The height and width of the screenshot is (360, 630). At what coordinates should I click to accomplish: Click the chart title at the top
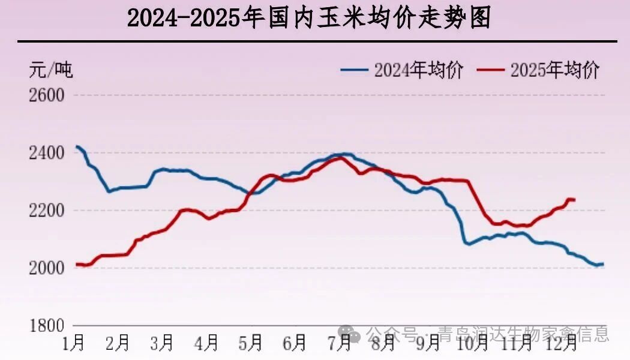[x=308, y=19]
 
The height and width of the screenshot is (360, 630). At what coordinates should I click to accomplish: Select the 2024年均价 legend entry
[x=402, y=70]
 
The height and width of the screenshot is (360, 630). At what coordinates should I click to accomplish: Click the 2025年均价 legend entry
[x=538, y=70]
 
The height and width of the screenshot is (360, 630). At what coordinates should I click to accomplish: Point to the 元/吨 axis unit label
[x=51, y=70]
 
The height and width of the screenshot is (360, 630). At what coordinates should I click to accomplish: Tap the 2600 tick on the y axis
[x=46, y=95]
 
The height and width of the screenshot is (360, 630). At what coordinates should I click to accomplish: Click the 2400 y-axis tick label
[x=46, y=153]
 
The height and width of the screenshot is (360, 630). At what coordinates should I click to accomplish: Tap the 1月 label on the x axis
[x=74, y=343]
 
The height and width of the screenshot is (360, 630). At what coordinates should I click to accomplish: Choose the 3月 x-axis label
[x=161, y=343]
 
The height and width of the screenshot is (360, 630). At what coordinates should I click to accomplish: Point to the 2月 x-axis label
[x=118, y=343]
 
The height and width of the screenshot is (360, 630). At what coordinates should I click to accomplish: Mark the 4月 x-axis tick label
[x=206, y=343]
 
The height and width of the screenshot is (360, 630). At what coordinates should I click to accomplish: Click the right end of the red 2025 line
[x=574, y=200]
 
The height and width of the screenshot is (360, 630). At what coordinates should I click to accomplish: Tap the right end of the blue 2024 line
[x=602, y=264]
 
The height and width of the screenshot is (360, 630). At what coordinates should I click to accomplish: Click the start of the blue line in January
[x=77, y=146]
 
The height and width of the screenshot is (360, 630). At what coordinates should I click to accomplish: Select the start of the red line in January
[x=77, y=264]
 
